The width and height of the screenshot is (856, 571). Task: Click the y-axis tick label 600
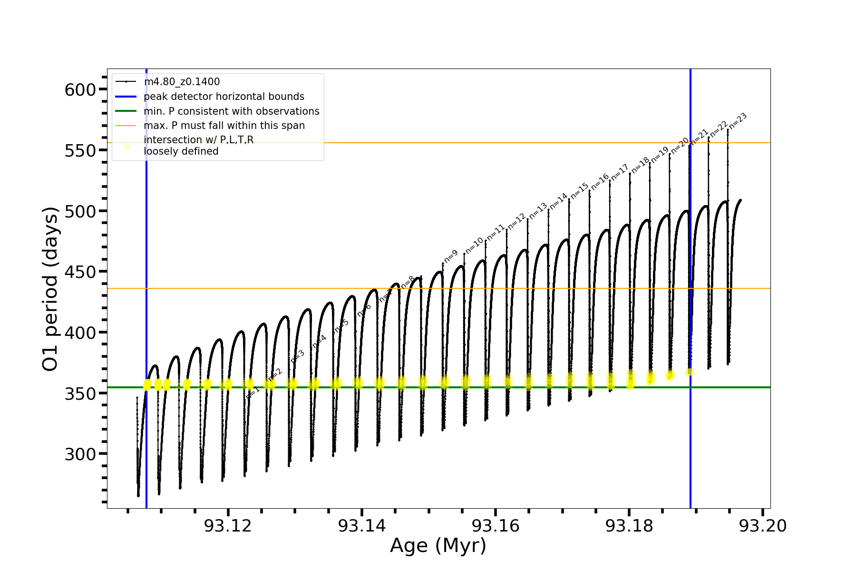(80, 89)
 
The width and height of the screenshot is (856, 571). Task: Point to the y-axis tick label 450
(80, 272)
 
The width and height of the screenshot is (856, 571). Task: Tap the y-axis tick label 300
(80, 454)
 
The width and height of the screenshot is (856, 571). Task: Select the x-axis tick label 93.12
(228, 526)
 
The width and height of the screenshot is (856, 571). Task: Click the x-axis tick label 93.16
(496, 526)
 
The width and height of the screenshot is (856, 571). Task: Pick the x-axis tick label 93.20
(763, 526)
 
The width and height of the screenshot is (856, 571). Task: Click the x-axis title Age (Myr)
(438, 546)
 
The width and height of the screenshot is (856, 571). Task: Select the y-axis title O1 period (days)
(50, 289)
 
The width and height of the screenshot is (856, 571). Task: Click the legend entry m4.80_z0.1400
(182, 82)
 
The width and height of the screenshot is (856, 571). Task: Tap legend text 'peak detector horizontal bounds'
(224, 97)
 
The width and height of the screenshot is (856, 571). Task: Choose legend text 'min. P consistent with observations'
(232, 111)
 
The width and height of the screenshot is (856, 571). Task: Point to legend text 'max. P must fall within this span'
(224, 126)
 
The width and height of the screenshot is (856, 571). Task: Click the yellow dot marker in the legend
(126, 147)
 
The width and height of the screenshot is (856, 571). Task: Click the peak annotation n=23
(738, 121)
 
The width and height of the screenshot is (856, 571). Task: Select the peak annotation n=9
(451, 256)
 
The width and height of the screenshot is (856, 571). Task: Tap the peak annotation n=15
(580, 191)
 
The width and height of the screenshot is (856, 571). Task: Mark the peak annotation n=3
(298, 357)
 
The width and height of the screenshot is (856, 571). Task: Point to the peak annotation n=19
(660, 155)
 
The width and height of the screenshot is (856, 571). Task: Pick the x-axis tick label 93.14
(362, 526)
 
